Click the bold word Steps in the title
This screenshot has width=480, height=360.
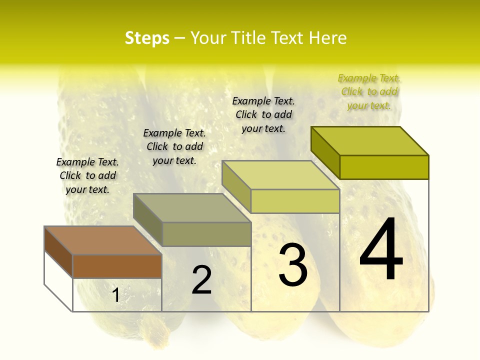147,38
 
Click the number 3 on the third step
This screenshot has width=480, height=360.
293,265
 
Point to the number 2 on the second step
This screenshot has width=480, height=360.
201,280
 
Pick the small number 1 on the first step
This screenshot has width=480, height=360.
116,295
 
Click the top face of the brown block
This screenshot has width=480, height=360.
102,240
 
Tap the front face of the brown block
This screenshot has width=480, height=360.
117,266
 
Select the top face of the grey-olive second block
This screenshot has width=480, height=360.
191,208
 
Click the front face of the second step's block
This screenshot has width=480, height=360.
206,234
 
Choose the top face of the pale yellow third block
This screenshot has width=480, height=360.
280,175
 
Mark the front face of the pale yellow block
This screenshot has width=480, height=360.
295,201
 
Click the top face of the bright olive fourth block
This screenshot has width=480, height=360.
369,140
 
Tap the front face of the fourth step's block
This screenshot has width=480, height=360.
384,167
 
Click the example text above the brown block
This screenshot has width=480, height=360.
87,175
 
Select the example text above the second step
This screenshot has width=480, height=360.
174,146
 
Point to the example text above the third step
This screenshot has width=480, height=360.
263,114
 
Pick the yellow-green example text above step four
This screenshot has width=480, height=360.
369,91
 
